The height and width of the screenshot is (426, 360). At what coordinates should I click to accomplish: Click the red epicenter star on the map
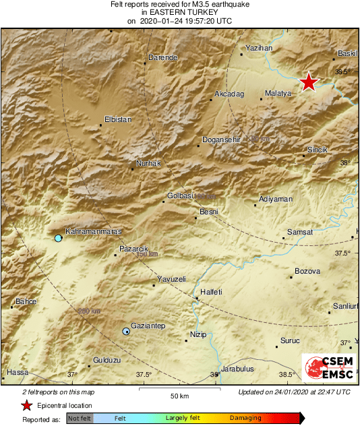(x=308, y=82)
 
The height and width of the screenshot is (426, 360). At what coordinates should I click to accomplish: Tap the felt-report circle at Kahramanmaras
(x=58, y=239)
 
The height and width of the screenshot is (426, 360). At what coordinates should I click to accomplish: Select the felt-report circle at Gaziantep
(x=126, y=331)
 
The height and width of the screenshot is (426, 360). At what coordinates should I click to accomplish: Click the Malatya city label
(x=278, y=93)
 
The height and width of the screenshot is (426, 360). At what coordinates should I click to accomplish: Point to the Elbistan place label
(x=118, y=119)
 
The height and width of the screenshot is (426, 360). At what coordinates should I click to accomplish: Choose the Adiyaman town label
(x=276, y=200)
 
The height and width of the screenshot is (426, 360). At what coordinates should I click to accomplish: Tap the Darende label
(x=162, y=58)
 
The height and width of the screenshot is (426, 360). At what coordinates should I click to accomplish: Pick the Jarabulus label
(x=238, y=369)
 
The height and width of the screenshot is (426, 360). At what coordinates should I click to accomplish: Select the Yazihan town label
(x=259, y=49)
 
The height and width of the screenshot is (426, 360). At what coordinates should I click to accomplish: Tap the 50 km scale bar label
(x=178, y=396)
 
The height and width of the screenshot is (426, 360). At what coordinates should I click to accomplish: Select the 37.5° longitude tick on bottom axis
(x=144, y=375)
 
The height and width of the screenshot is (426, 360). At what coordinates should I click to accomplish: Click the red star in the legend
(x=26, y=406)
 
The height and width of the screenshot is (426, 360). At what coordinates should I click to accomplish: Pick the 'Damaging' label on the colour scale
(x=245, y=418)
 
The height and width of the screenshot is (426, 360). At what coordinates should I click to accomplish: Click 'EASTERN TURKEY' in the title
(x=179, y=12)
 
